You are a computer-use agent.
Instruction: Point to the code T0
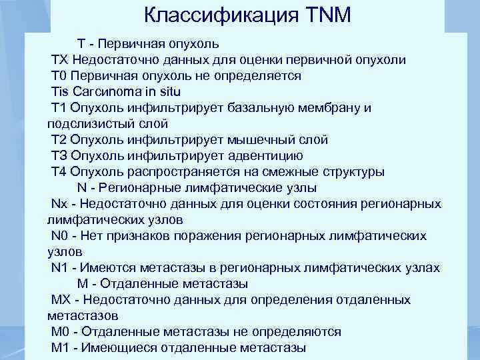point(59,76)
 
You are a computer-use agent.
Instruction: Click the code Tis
point(61,92)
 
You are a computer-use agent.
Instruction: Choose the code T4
point(59,172)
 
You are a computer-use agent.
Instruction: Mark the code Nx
point(59,203)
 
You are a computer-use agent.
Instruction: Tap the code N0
point(59,235)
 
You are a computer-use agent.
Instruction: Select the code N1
point(59,267)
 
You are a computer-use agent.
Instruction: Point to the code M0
point(61,331)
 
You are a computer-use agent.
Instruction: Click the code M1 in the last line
point(61,347)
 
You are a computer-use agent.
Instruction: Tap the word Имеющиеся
point(121,347)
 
